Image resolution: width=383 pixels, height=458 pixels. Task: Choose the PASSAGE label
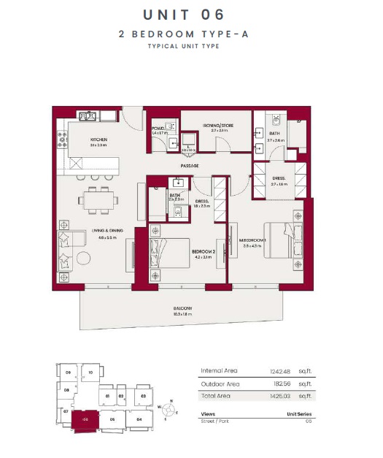(x=190, y=167)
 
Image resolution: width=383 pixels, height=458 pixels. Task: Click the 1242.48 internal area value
(x=279, y=371)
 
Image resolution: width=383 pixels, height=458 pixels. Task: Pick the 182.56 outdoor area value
(x=280, y=383)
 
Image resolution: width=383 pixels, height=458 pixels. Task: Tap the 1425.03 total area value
(x=279, y=396)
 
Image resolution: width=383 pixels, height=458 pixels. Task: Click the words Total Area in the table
(x=215, y=396)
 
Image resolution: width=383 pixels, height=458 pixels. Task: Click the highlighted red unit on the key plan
(x=86, y=421)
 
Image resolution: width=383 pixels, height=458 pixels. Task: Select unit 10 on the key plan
(x=90, y=372)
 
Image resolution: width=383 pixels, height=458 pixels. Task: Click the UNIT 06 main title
(x=184, y=14)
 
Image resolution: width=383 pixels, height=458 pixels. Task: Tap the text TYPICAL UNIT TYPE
(x=184, y=46)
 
